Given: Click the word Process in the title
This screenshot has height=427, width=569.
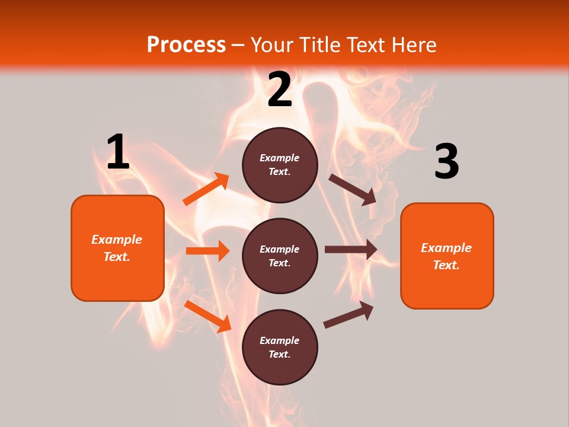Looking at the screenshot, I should pos(186,44).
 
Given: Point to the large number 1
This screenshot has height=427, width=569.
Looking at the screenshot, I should pos(118,152).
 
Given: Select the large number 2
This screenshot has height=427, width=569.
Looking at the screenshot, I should pos(280,90).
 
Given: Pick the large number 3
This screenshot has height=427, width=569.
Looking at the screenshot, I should pos(446,162).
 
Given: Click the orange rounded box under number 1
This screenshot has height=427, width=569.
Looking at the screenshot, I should pos(117,248).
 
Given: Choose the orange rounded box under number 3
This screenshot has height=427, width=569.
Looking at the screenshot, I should pos(447,256).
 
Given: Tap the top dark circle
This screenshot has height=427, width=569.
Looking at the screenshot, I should pos(280,165).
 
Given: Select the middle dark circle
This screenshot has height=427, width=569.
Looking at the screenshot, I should pos(280,256).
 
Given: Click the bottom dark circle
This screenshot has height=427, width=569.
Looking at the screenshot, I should pos(280,347).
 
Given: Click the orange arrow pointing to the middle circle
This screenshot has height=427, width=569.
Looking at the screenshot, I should pos(208,251).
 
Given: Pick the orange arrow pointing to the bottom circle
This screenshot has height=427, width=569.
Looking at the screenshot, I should pos(208,316).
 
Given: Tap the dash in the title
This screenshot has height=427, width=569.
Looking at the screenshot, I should pos(238,45).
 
